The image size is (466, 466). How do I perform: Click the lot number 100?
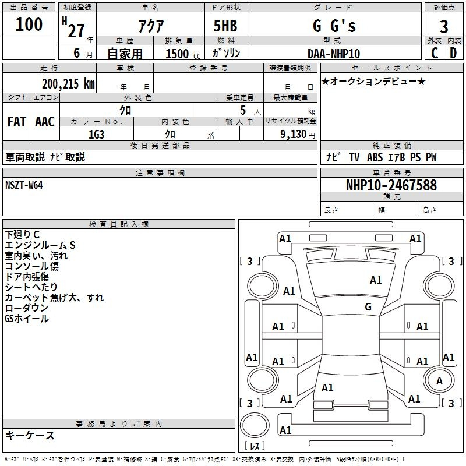(x=29, y=24)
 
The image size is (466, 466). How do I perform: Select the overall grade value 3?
(x=444, y=26)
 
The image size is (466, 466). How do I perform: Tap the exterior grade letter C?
(x=435, y=53)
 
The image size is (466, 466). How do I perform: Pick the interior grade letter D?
(x=453, y=53)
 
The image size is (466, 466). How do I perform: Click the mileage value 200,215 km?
(x=68, y=84)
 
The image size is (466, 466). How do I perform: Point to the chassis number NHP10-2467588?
(x=391, y=185)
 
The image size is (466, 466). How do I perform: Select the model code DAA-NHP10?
(x=334, y=54)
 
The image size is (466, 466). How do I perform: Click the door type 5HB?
(x=225, y=26)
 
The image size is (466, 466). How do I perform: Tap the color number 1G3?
(x=96, y=135)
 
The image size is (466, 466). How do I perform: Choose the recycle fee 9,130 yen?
(x=298, y=135)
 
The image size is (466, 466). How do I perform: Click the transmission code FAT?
(x=17, y=122)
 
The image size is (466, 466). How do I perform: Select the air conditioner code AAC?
(x=45, y=122)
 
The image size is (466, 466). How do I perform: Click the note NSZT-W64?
(x=24, y=185)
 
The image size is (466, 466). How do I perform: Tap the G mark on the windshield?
(x=368, y=307)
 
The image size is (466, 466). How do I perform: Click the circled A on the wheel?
(x=439, y=380)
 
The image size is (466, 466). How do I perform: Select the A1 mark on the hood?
(x=376, y=280)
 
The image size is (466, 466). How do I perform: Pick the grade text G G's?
(x=334, y=26)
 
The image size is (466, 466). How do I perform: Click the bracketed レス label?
(x=255, y=446)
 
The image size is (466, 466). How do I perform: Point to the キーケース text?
(x=30, y=435)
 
